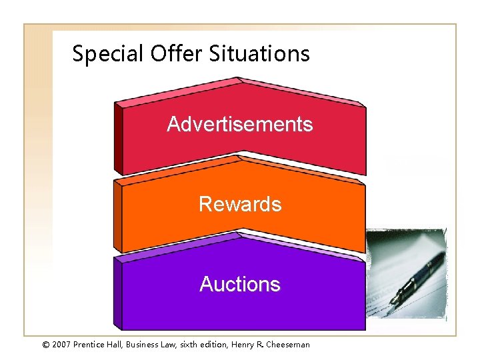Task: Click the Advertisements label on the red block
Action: tap(239, 125)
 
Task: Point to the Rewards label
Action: tap(240, 204)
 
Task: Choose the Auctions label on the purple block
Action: tap(240, 285)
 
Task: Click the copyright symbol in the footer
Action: tap(45, 345)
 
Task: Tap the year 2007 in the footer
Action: tap(63, 345)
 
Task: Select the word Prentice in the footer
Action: tap(93, 345)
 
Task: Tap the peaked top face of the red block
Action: tap(240, 93)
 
